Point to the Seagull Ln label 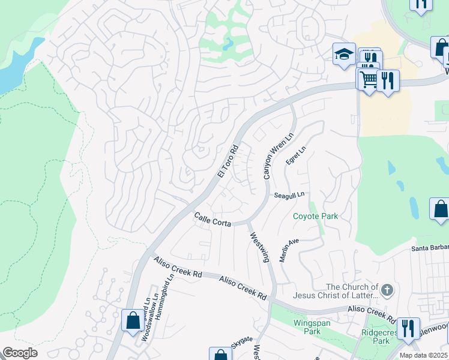290,195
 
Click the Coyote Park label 315,217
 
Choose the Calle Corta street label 212,220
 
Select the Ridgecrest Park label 376,337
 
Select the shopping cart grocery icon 369,78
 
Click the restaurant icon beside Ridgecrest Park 408,328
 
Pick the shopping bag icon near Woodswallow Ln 132,320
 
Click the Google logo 20,353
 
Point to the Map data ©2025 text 423,355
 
